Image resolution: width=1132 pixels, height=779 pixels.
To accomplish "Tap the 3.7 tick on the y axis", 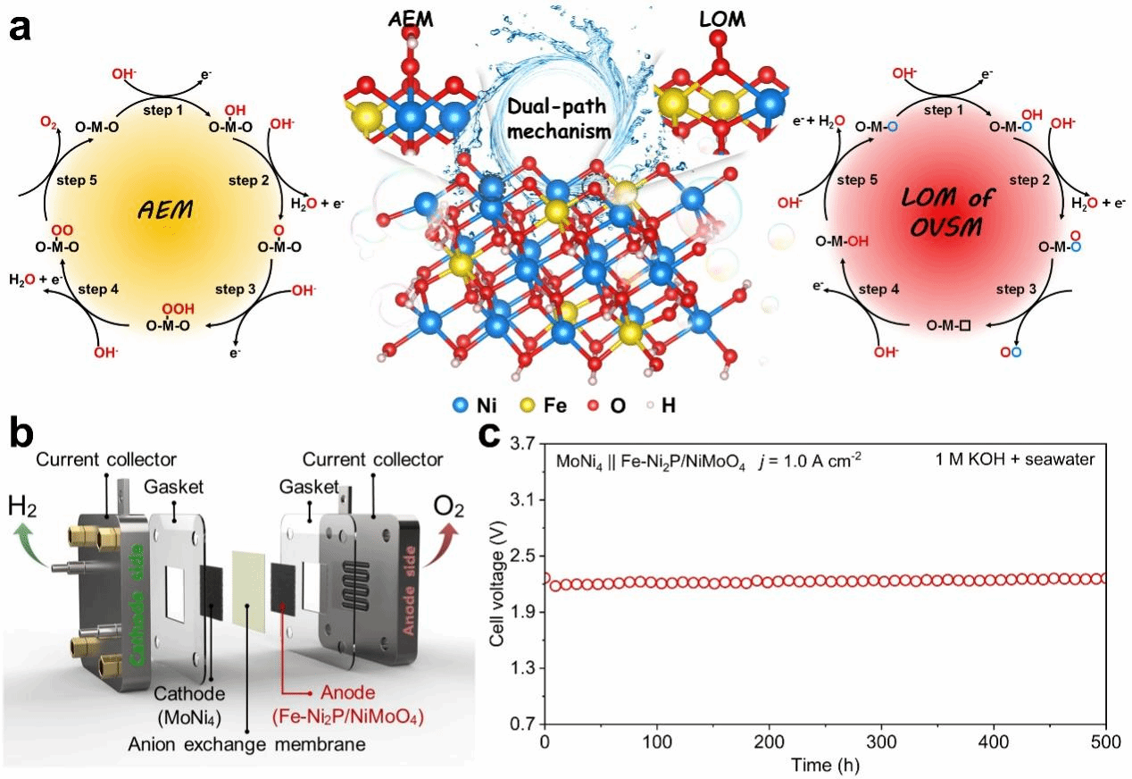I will (x=520, y=443).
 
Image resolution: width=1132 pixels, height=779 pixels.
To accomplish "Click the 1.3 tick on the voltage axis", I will (x=520, y=667).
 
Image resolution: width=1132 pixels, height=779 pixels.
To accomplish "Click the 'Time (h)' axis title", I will (x=825, y=764).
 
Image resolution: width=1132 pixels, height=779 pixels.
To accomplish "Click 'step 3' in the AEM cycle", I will (x=236, y=289).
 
